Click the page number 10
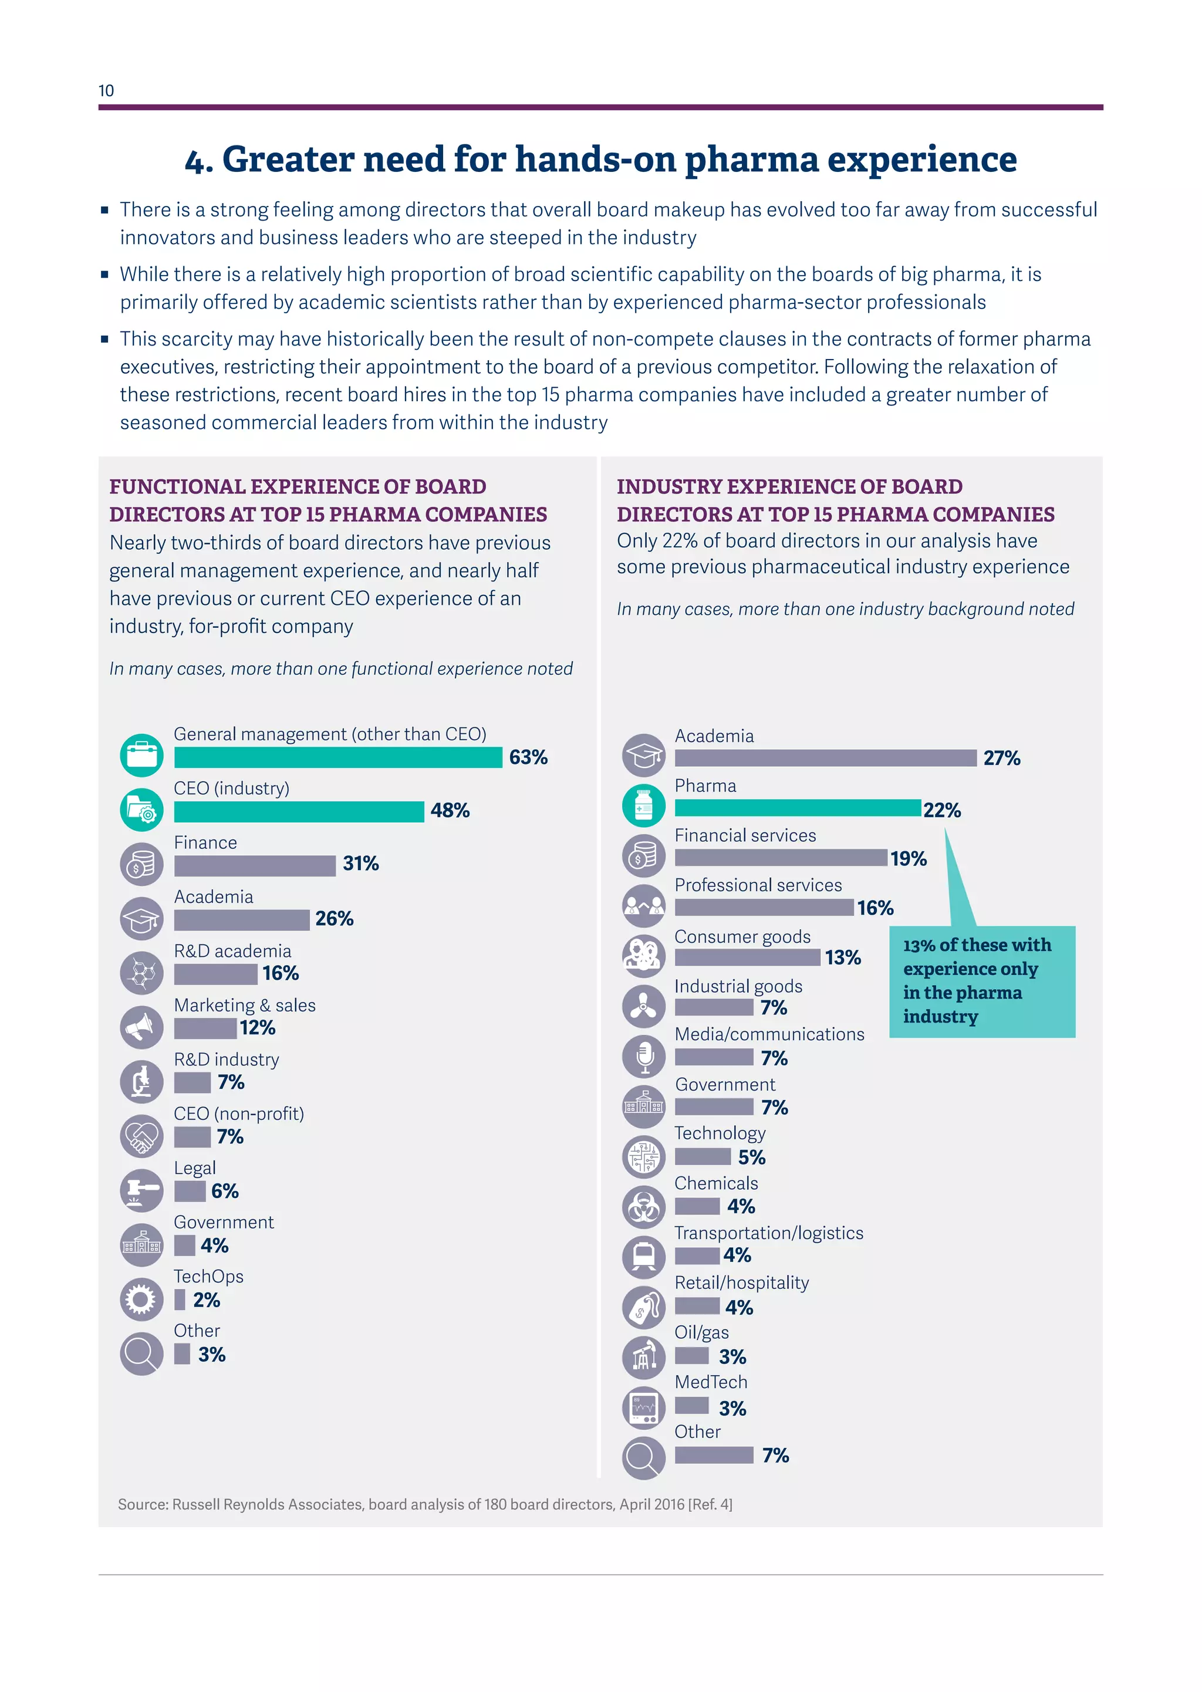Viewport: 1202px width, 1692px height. tap(106, 90)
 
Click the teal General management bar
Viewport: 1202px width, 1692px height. tap(337, 757)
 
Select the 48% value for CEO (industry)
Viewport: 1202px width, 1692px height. tap(450, 810)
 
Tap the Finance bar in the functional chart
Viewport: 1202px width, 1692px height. tap(255, 865)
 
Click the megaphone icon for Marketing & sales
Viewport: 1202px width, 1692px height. tap(141, 1027)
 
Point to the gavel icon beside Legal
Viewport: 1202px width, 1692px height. tap(141, 1190)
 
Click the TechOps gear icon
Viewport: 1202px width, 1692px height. tap(141, 1298)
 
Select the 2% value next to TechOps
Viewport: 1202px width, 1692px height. tap(207, 1300)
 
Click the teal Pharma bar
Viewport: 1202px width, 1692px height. tap(797, 808)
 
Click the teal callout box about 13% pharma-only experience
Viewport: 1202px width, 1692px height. tap(981, 980)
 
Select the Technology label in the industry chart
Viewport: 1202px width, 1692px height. tap(720, 1133)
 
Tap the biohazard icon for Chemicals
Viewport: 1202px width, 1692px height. tap(644, 1207)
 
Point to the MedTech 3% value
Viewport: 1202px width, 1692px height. tap(732, 1408)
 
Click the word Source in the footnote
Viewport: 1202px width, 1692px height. tap(142, 1504)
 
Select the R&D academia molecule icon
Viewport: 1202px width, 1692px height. tap(141, 973)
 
